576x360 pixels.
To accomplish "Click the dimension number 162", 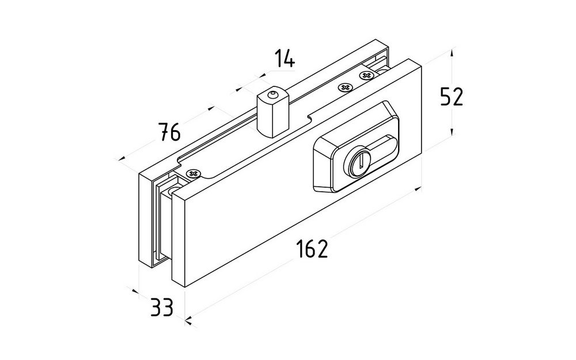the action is coord(312,249).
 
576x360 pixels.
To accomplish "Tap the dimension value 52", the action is coord(452,97).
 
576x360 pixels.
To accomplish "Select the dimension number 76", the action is coord(170,132).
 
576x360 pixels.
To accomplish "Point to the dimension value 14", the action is coord(285,59).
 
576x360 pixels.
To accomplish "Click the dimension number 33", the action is coord(162,308).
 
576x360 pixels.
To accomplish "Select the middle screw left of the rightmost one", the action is coord(344,88).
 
